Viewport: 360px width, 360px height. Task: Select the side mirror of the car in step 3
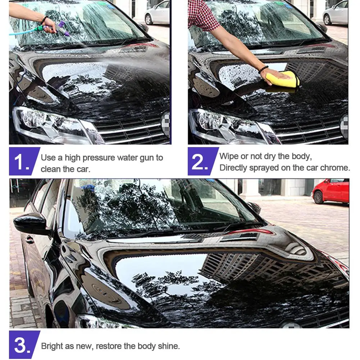[x=30, y=223]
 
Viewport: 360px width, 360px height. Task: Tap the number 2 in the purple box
[x=199, y=162]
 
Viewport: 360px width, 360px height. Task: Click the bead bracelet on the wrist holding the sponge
[x=263, y=69]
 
